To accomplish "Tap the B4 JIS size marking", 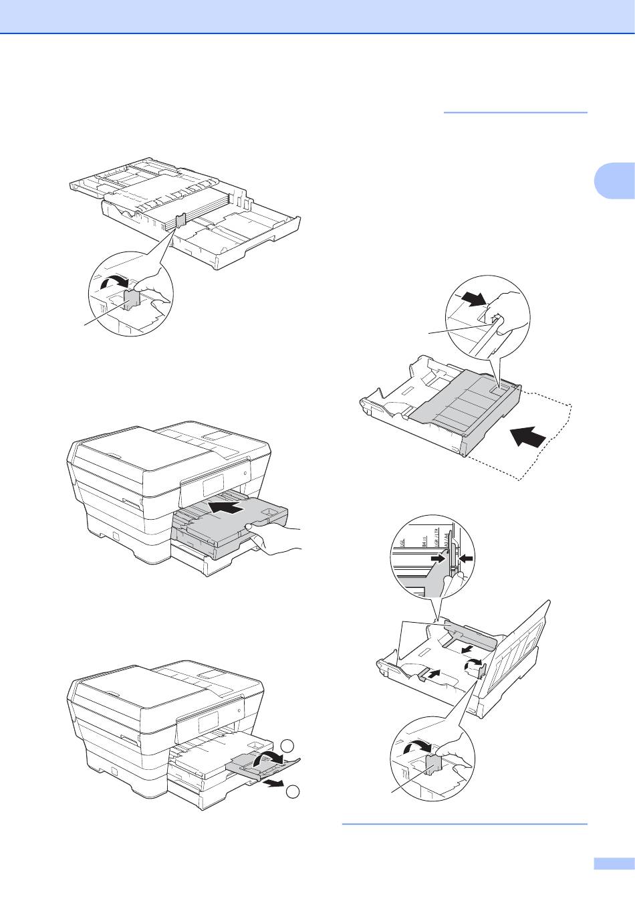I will [x=425, y=538].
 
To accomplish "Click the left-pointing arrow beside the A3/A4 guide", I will [x=466, y=557].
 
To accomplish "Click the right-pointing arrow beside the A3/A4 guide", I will [x=438, y=557].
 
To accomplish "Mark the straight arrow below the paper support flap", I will [x=275, y=783].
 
